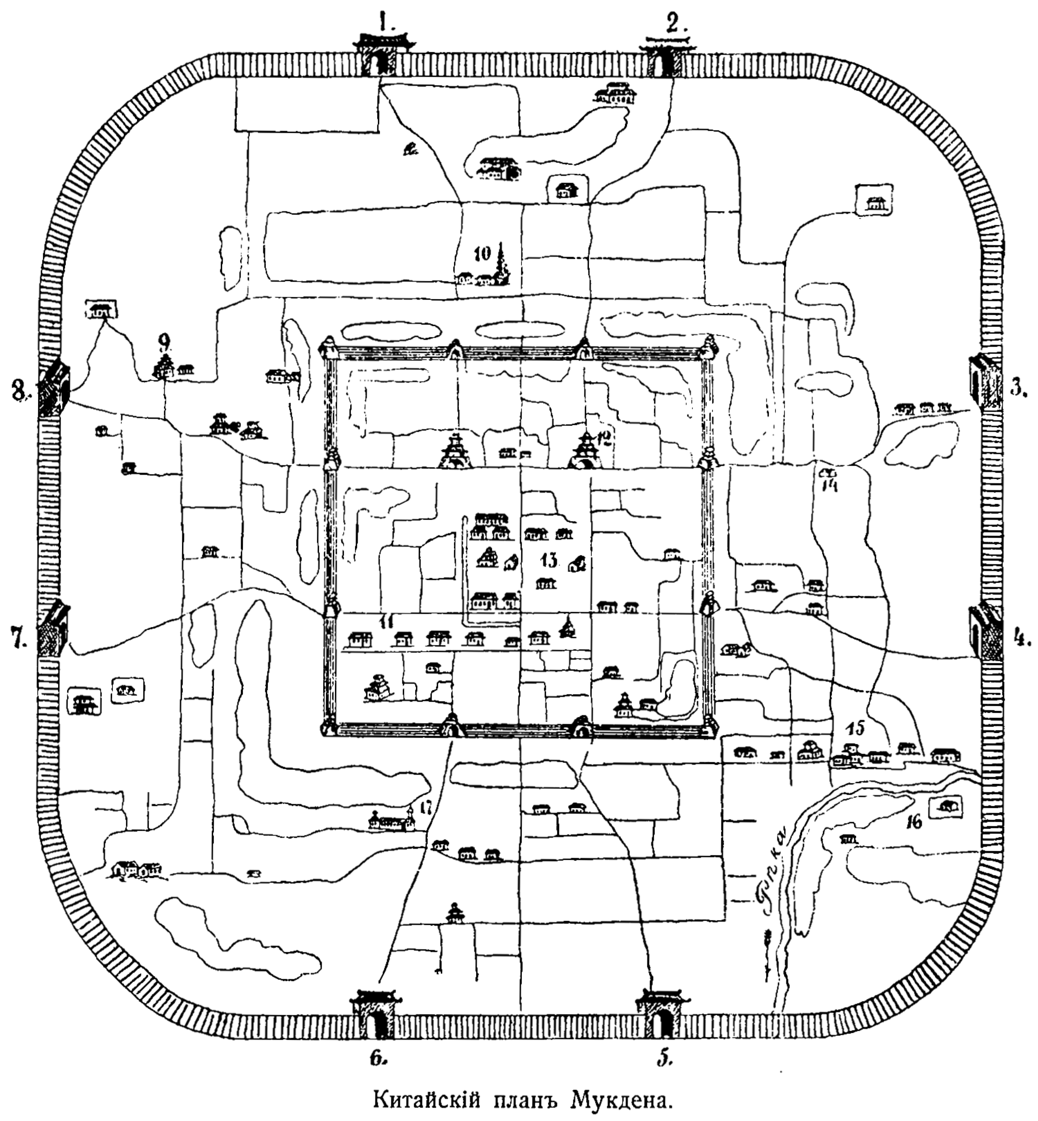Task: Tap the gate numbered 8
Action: click(54, 388)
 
